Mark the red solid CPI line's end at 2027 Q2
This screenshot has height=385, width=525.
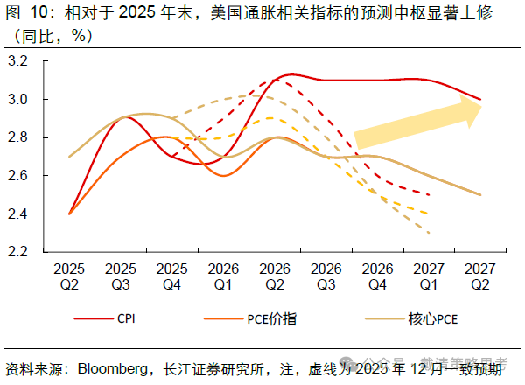pyautogui.click(x=480, y=100)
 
